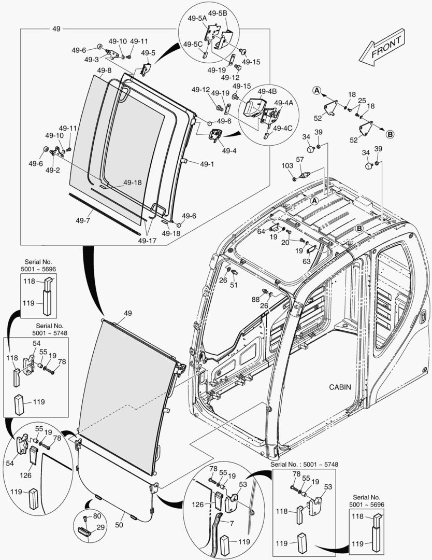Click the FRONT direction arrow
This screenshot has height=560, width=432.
[x=384, y=48]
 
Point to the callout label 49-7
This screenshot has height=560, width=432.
[x=83, y=220]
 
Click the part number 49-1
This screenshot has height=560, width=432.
[x=207, y=163]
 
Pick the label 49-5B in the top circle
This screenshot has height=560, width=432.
[x=218, y=12]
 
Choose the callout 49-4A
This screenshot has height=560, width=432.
[x=283, y=103]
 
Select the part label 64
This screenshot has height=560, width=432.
[x=261, y=231]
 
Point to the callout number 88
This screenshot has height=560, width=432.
[x=255, y=299]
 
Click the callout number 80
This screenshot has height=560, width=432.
[x=97, y=516]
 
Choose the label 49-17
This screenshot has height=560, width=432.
[x=146, y=240]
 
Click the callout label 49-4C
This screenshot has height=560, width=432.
[x=283, y=128]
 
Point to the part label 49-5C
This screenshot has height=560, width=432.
[x=191, y=44]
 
